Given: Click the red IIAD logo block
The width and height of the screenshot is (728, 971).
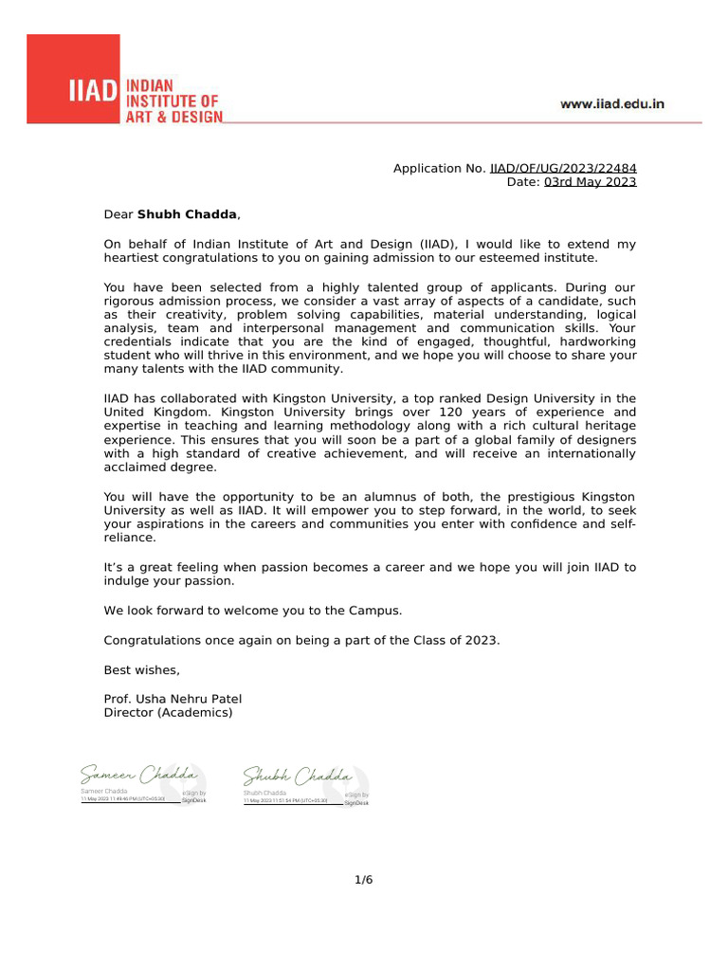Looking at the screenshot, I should pos(73,80).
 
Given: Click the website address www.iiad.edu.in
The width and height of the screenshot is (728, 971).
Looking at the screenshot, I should pos(611,104).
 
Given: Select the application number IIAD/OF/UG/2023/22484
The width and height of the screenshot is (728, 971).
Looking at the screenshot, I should pos(563,168).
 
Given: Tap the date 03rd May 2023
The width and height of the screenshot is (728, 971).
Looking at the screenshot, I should pos(590,182).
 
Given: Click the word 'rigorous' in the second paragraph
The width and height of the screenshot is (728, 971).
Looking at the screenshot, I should pos(128,301).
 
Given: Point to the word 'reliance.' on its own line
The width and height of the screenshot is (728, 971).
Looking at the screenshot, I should pos(130,538).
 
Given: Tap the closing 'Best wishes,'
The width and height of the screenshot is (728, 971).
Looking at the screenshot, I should pos(141,670).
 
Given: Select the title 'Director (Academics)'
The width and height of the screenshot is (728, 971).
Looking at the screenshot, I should pos(168,713).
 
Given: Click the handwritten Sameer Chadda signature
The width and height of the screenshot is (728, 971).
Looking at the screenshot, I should pos(138,776).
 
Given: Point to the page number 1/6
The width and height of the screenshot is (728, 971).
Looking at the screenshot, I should pos(364,880).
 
